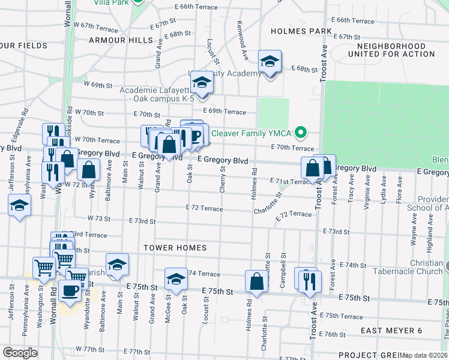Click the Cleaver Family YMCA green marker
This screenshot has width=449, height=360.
click(x=303, y=133)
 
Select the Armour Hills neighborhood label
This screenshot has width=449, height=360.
click(x=121, y=40)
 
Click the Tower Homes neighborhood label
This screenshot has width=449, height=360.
click(x=175, y=247)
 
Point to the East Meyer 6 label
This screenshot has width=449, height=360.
click(x=392, y=331)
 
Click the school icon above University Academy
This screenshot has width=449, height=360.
click(x=270, y=61)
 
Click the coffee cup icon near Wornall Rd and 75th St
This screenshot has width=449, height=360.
click(x=70, y=290)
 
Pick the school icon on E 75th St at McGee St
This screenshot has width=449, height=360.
click(x=175, y=280)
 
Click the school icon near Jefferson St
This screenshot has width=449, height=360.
click(x=19, y=205)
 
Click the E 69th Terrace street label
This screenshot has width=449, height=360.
click(x=224, y=112)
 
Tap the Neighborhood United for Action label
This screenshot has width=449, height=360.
click(x=395, y=50)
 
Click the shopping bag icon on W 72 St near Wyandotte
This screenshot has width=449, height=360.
click(x=89, y=170)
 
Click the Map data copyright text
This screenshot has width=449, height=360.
click(x=424, y=355)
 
